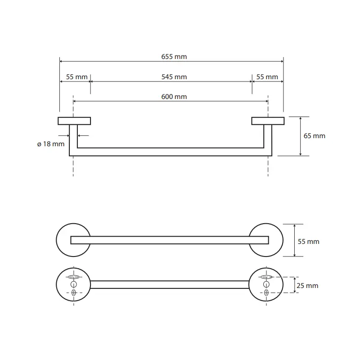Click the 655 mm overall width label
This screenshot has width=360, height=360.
174,57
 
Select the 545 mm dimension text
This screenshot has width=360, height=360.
174,77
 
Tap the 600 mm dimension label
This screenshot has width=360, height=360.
174,97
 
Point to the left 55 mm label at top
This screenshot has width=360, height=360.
76,77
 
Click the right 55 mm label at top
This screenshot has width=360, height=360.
267,77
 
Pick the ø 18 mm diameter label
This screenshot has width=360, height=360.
51,144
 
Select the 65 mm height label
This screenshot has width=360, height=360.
314,136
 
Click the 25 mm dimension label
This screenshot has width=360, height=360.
308,286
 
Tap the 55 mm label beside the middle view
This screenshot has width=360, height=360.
309,242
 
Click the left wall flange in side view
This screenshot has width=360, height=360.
74,121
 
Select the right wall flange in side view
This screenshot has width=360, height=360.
267,121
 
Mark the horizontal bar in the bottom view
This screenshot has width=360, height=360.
170,284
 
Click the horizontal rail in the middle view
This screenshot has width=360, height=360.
170,240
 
